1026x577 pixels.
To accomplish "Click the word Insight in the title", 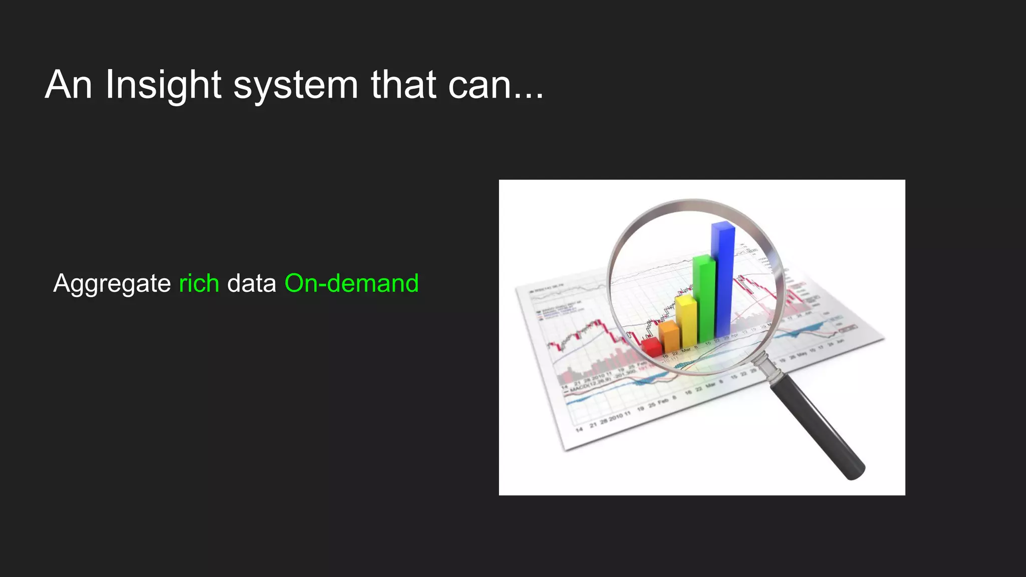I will (163, 85).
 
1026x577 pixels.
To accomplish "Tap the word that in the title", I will (403, 85).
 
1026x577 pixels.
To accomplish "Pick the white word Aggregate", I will (112, 283).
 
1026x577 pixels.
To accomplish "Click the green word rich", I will (199, 283).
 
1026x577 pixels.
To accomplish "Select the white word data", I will (251, 283).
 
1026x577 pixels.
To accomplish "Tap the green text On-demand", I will (351, 283).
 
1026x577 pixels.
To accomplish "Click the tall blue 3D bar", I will (723, 280).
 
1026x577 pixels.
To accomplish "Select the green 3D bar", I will (704, 298).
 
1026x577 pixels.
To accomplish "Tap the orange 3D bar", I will (669, 337).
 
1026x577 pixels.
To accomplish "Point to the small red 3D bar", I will (652, 347).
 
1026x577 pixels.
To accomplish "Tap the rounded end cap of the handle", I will (855, 471).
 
